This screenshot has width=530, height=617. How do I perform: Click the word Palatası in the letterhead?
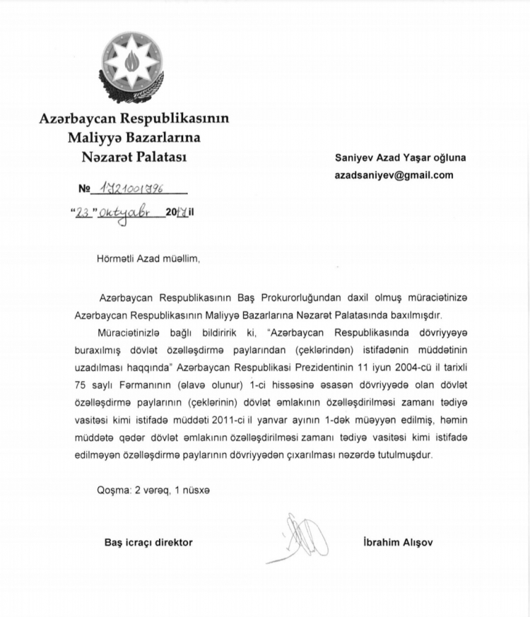click(156, 158)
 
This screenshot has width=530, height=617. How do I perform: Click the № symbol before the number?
click(84, 190)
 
